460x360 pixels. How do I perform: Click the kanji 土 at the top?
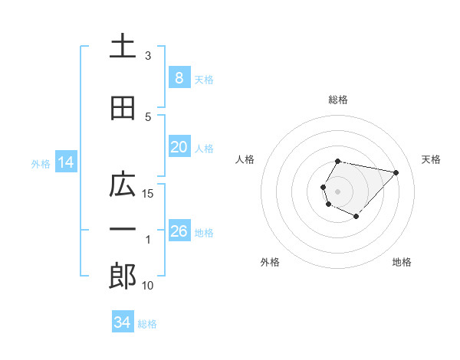coord(123,47)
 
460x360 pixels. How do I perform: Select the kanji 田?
coord(123,108)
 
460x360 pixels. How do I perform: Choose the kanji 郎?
coord(123,277)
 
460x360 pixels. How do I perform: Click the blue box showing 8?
coord(179,78)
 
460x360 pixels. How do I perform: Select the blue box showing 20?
coord(179,147)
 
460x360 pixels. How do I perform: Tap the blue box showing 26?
coord(179,231)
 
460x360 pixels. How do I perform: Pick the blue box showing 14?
coord(66,162)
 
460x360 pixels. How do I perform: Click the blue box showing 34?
coord(123,322)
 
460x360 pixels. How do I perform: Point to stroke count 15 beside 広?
coord(148,193)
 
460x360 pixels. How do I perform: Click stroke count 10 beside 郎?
coord(148,286)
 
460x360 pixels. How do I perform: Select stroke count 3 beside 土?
coord(148,56)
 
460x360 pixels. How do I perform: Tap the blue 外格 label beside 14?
coord(41,163)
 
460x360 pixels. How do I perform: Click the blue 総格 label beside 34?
coord(147,324)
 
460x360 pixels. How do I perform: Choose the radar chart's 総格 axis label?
coord(338,100)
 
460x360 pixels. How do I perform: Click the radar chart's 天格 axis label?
coord(432,159)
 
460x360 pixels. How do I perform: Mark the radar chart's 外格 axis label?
coord(270,262)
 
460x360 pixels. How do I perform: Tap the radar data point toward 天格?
coord(396,172)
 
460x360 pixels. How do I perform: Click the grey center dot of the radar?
coord(338,191)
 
